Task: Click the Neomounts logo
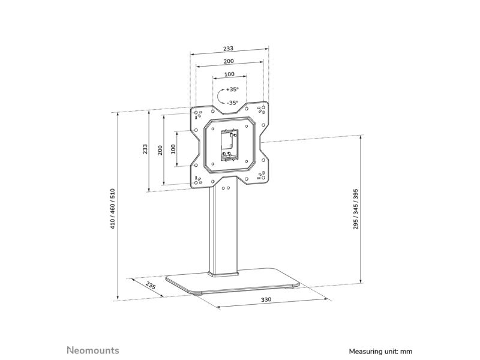click(93, 350)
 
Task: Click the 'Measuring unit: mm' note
click(380, 351)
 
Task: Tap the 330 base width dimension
click(266, 299)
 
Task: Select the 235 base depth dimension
click(151, 286)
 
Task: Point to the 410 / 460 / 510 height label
click(112, 209)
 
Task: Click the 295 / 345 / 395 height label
click(355, 209)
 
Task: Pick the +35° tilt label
click(232, 89)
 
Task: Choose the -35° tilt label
click(232, 103)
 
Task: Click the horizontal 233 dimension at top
click(228, 49)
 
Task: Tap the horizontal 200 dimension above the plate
click(229, 61)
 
